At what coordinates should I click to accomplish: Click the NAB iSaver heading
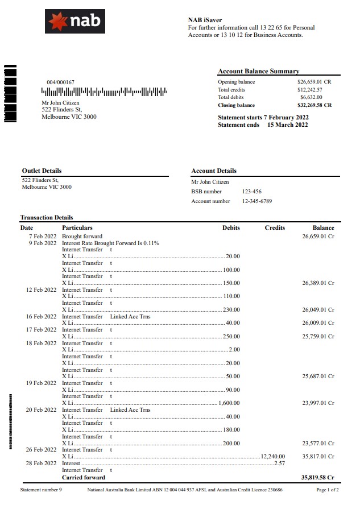[x=205, y=20]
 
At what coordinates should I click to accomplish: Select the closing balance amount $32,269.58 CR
[x=315, y=105]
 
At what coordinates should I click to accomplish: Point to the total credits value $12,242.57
[x=310, y=90]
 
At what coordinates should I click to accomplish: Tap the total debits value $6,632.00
[x=311, y=97]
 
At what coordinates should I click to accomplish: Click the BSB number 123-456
[x=252, y=192]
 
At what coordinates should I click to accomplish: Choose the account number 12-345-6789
[x=257, y=201]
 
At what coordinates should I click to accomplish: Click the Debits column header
[x=231, y=228]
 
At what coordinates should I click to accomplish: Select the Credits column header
[x=275, y=228]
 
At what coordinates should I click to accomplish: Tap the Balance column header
[x=323, y=228]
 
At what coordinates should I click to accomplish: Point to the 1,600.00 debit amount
[x=229, y=403]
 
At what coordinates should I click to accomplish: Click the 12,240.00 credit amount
[x=273, y=456]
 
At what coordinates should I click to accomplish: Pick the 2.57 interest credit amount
[x=279, y=464]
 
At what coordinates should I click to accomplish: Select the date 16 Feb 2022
[x=42, y=316]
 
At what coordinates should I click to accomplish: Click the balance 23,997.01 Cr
[x=318, y=403]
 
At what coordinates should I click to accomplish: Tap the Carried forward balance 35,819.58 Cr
[x=317, y=478]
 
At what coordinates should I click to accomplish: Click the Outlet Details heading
[x=42, y=171]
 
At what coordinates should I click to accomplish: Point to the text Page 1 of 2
[x=328, y=490]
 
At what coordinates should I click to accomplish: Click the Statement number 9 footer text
[x=41, y=490]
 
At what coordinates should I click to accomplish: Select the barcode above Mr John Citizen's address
[x=104, y=92]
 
